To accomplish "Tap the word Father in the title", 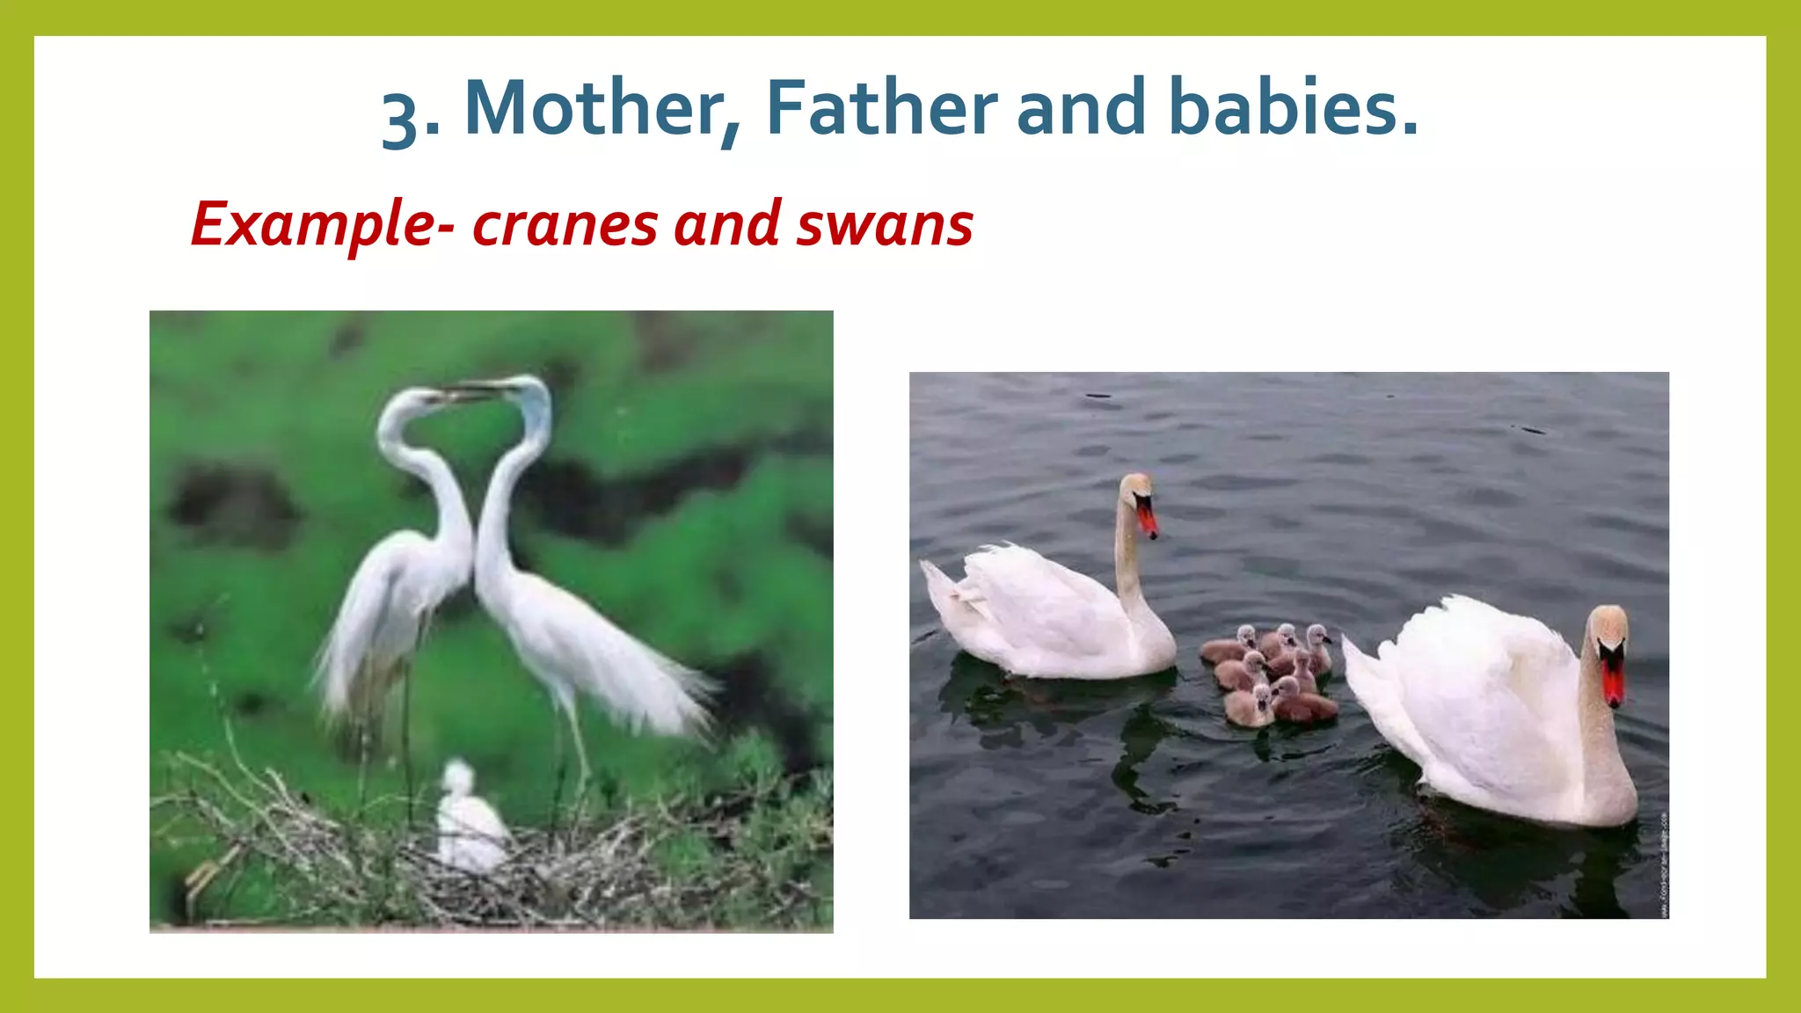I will click(x=881, y=109).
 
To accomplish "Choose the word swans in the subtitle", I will click(x=885, y=225).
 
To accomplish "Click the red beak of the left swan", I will click(x=1148, y=519).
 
